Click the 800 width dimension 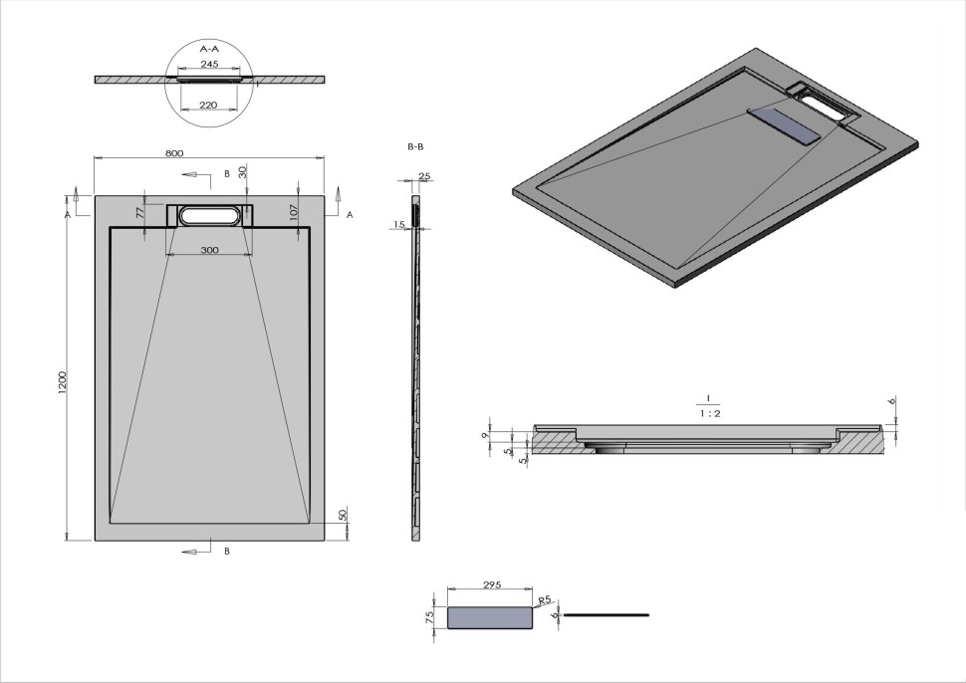coord(174,153)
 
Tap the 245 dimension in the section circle coord(209,64)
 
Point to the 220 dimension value coord(209,103)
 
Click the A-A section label coord(210,48)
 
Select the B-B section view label coord(415,146)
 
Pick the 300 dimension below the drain coord(209,250)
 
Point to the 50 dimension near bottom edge coord(342,515)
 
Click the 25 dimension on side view coord(424,176)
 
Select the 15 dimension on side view coord(398,225)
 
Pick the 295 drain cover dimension coord(491,586)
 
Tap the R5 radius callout coord(544,601)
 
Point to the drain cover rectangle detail coord(490,618)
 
